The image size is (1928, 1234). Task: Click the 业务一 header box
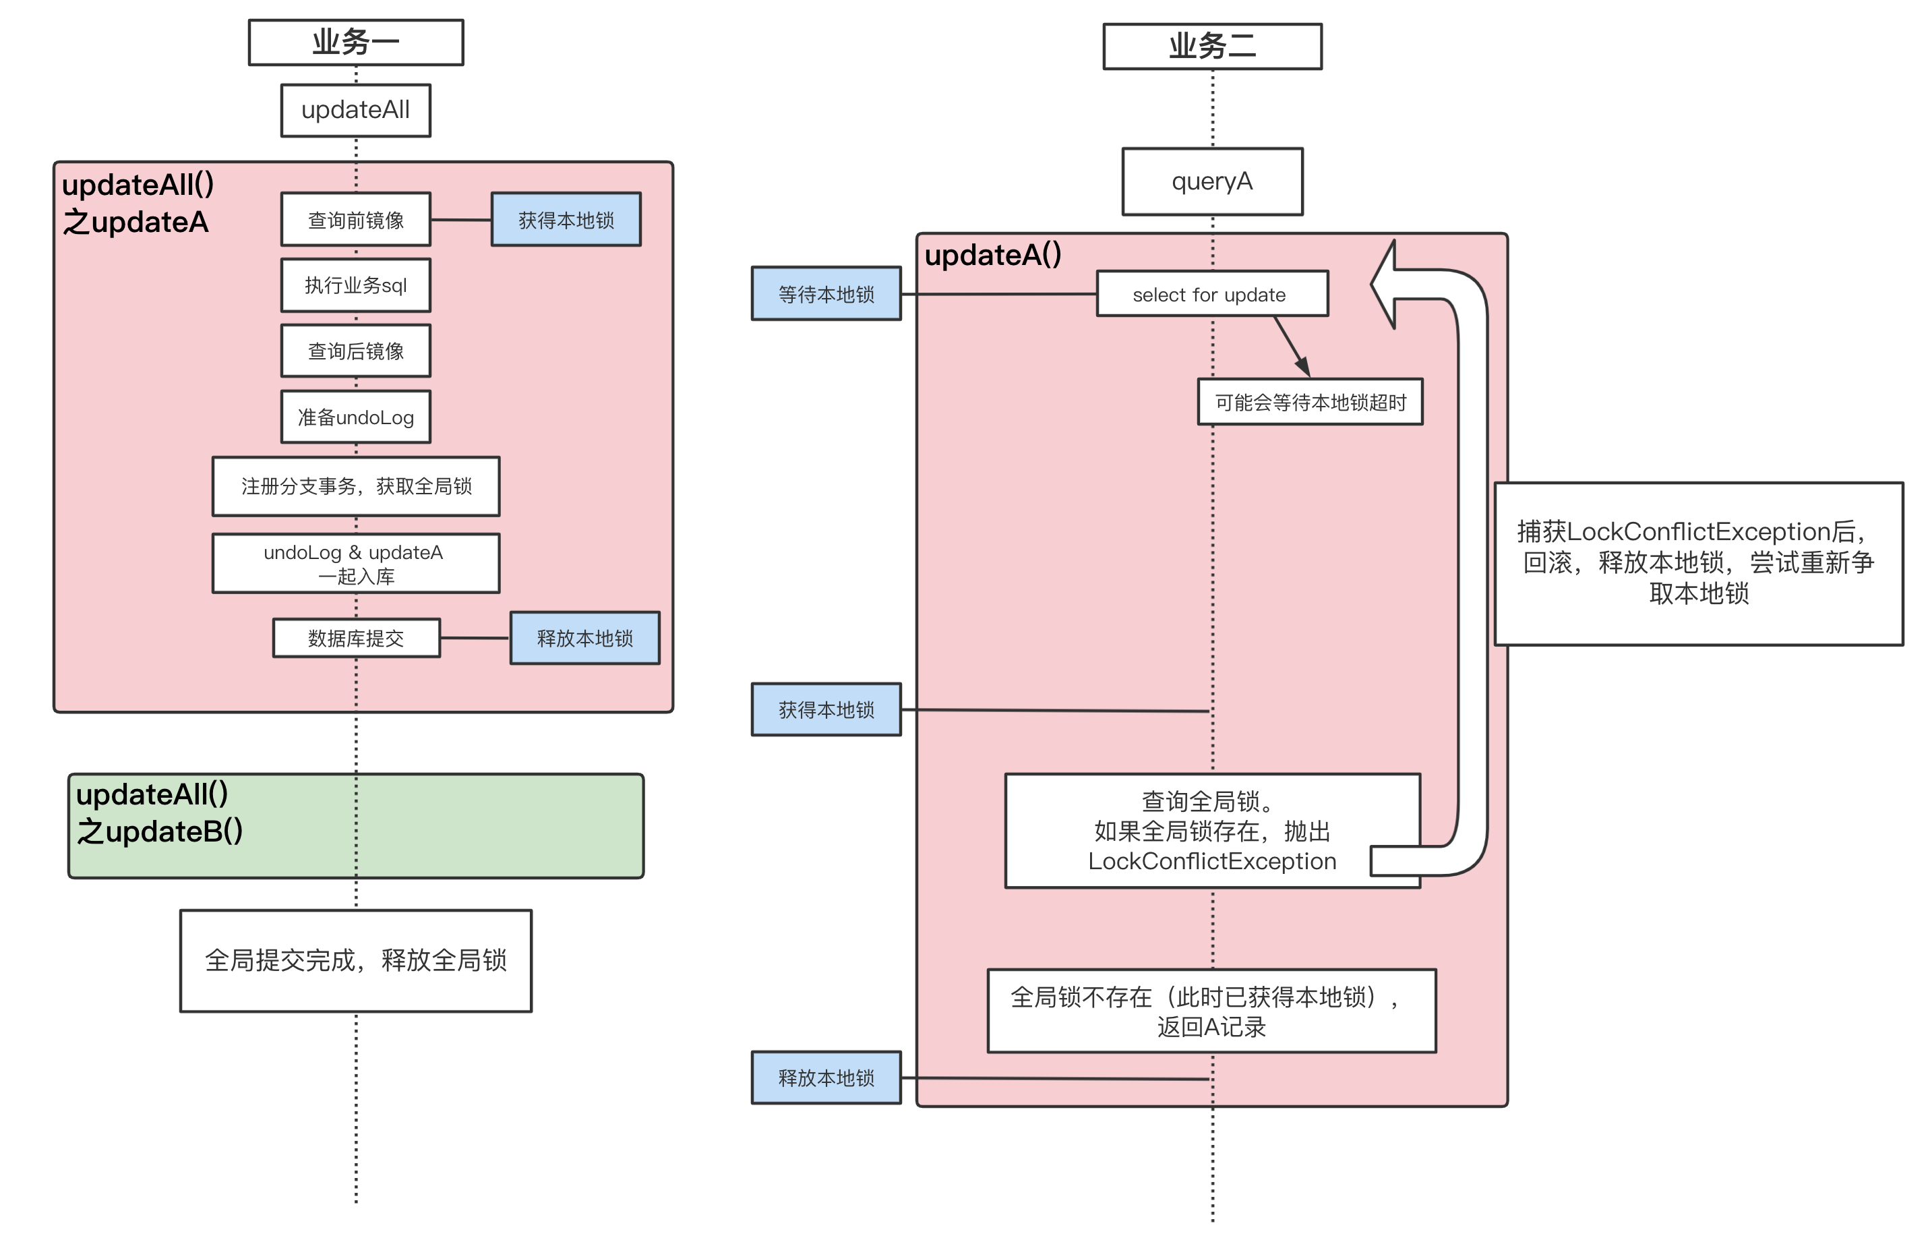356,42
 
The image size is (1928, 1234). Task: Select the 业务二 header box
1212,47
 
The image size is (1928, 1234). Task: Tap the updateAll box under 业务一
356,111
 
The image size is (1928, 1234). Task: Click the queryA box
1212,182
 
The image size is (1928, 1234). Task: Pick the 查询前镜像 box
356,220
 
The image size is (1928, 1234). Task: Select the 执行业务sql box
356,285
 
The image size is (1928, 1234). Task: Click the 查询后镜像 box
356,351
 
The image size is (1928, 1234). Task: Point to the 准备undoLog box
356,417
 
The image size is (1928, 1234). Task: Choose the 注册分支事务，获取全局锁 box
356,486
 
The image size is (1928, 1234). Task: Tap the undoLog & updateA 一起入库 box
356,563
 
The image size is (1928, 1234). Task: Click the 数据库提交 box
356,638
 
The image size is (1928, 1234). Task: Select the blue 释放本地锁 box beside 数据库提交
584,638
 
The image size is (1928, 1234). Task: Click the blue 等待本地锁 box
826,294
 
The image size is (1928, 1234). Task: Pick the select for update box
1212,294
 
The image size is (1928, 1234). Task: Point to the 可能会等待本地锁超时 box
1310,401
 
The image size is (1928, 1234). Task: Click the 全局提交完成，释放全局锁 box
356,960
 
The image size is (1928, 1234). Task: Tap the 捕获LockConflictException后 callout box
1698,563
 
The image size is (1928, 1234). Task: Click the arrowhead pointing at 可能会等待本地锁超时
1303,367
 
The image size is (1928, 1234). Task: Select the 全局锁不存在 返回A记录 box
1211,1011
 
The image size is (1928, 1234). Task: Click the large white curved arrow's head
1387,285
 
